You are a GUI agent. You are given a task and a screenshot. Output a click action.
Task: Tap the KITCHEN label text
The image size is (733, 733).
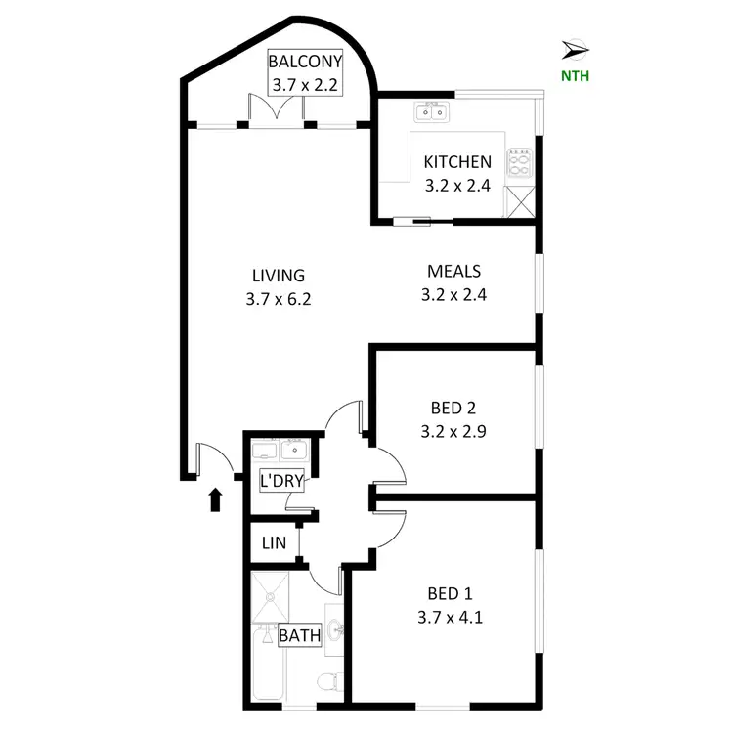pyautogui.click(x=456, y=162)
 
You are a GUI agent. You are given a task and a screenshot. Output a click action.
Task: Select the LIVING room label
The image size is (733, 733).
pyautogui.click(x=279, y=276)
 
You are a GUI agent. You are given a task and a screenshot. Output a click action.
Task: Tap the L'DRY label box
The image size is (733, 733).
pyautogui.click(x=280, y=481)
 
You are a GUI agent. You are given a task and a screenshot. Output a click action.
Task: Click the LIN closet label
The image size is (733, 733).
pyautogui.click(x=272, y=543)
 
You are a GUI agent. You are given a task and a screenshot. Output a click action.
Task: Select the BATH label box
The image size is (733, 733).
pyautogui.click(x=300, y=635)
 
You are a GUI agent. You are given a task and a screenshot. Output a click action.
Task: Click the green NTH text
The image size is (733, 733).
pyautogui.click(x=575, y=75)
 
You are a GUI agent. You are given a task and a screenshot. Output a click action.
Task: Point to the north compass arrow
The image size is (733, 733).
pyautogui.click(x=576, y=48)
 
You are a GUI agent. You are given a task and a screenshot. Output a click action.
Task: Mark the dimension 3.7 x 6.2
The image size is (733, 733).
pyautogui.click(x=279, y=300)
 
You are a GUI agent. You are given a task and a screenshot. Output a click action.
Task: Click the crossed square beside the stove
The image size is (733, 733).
pyautogui.click(x=519, y=202)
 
